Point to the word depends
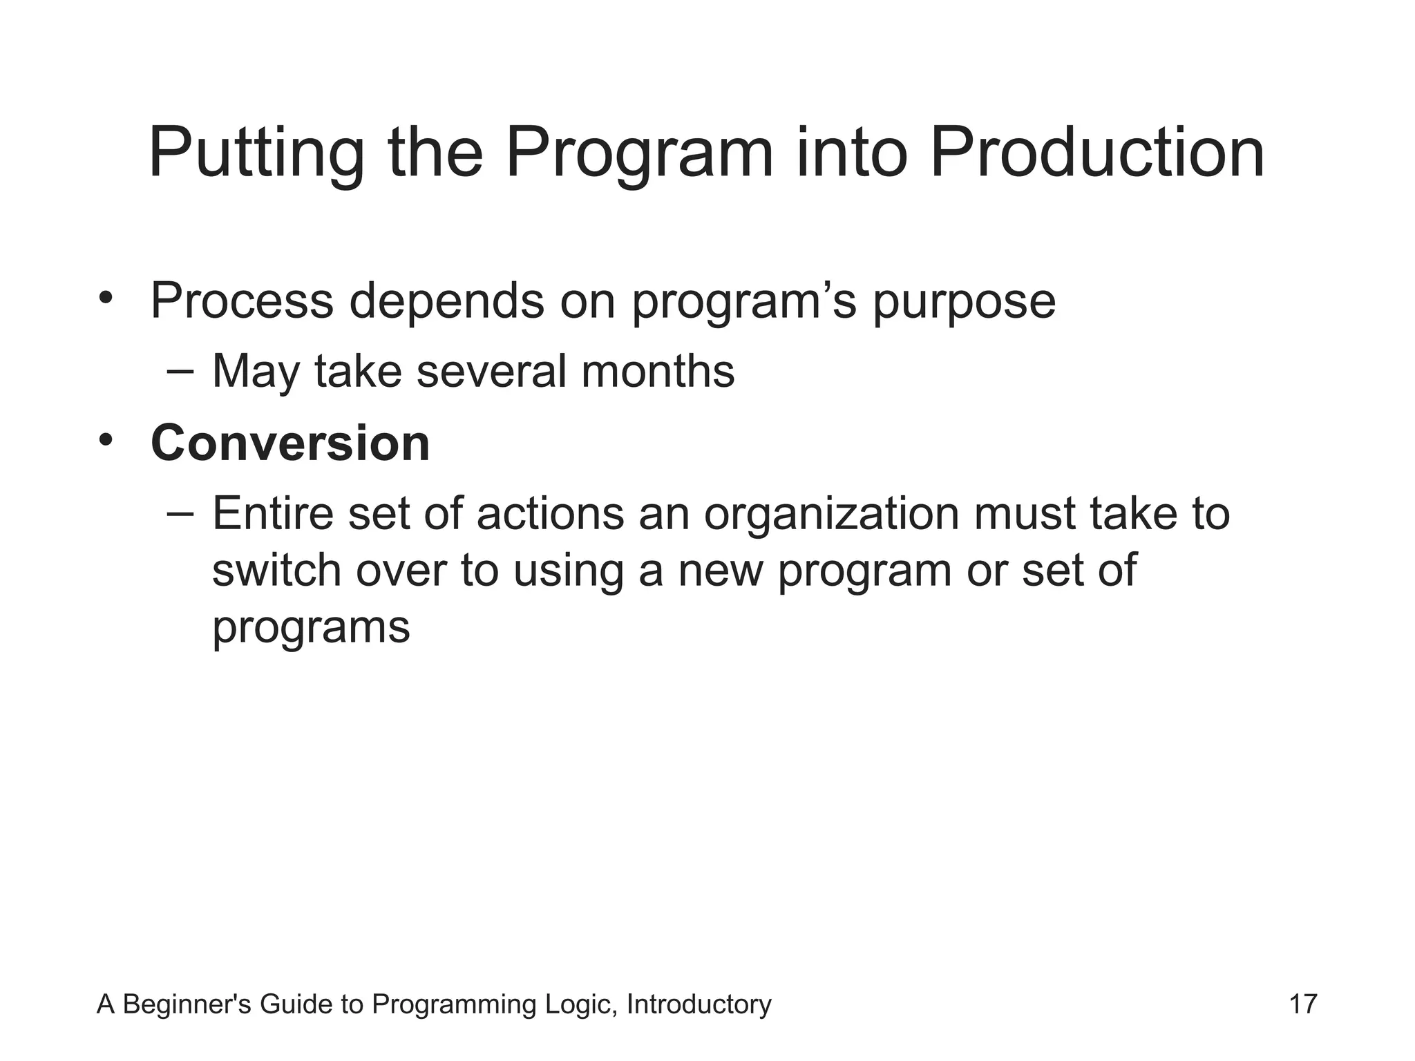(446, 301)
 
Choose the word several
(491, 372)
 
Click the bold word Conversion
(290, 443)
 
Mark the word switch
(276, 571)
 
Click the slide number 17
(1303, 1004)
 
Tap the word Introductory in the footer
(699, 1004)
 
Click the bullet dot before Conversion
(105, 440)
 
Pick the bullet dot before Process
(105, 298)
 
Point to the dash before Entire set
(180, 513)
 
